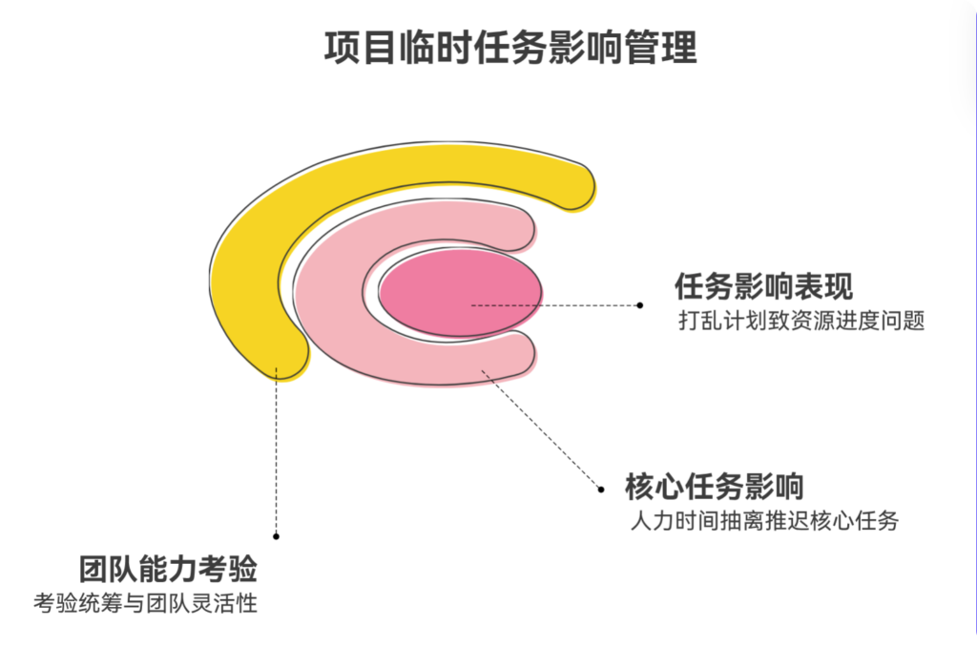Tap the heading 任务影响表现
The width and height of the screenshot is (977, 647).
[763, 286]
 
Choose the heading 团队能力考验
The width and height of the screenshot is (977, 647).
[168, 571]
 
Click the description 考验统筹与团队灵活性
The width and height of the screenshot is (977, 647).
[145, 603]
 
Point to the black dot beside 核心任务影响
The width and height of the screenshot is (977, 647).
[601, 489]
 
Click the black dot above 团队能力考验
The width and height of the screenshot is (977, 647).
[277, 535]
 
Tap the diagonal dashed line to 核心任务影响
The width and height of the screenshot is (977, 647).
[544, 429]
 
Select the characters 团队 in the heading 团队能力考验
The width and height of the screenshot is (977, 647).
[99, 571]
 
